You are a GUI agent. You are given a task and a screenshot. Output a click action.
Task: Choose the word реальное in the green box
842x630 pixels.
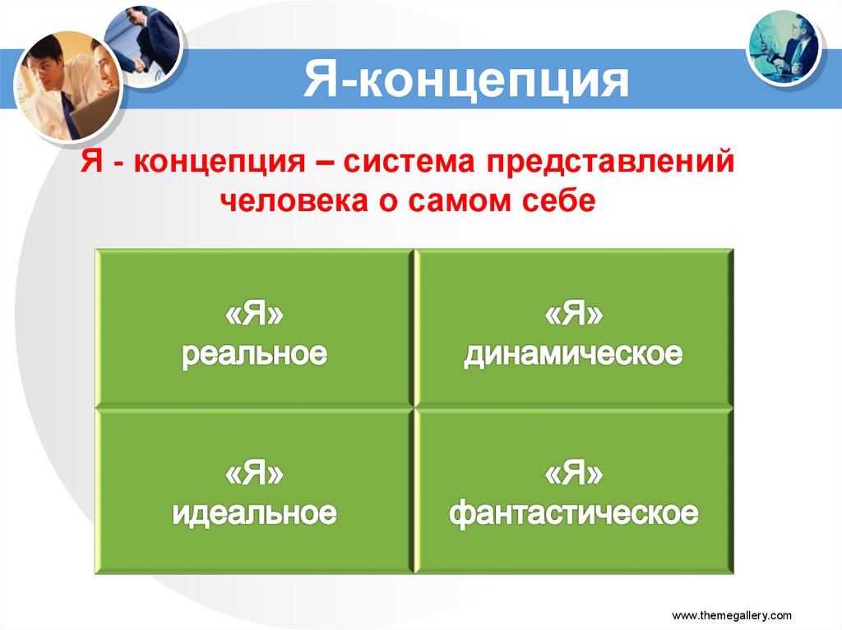[254, 354]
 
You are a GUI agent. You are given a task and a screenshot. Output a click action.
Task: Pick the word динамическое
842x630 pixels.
[573, 354]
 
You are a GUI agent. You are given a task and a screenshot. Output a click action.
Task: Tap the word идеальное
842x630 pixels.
[254, 513]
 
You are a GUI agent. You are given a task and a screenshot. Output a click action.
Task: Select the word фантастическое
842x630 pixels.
[573, 513]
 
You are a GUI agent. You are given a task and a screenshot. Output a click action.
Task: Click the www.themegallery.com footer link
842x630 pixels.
[732, 614]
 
